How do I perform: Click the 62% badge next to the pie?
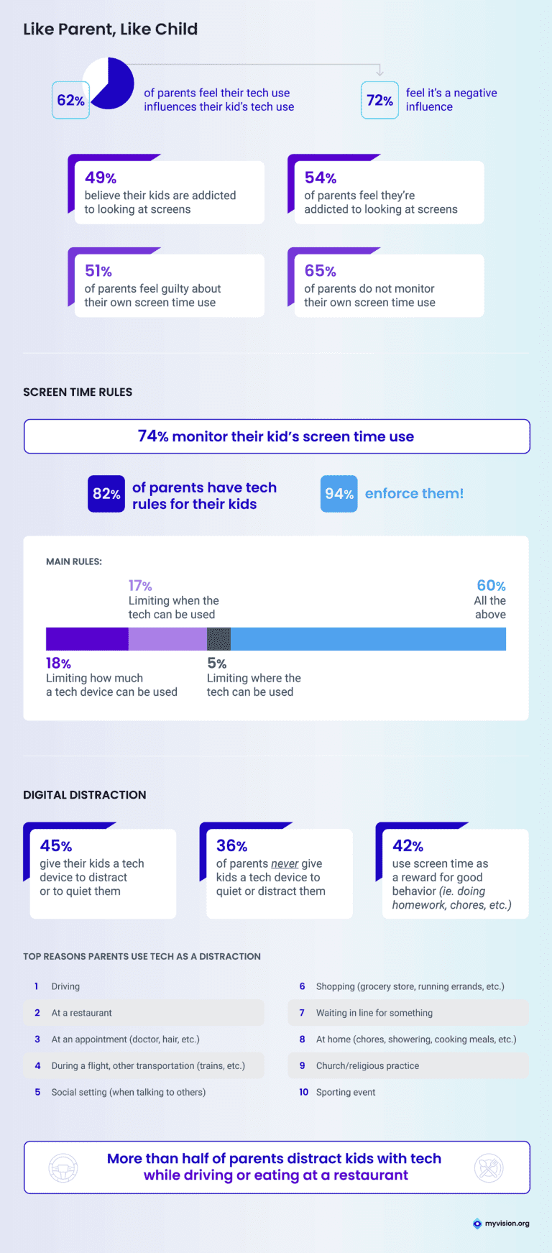click(x=70, y=101)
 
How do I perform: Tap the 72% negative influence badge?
click(x=379, y=101)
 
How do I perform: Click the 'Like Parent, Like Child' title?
click(x=110, y=29)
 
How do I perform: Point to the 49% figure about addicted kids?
click(x=101, y=178)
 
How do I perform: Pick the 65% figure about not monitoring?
click(x=320, y=271)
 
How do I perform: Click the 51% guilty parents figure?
click(x=98, y=271)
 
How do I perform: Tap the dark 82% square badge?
click(x=106, y=494)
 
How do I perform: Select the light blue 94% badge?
click(x=339, y=494)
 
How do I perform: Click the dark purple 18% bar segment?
click(x=87, y=639)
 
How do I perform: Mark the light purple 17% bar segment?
click(x=167, y=639)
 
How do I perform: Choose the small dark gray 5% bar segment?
click(x=218, y=639)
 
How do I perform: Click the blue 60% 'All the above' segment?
click(x=368, y=639)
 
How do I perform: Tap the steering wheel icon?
click(x=63, y=1168)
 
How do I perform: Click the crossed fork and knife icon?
click(x=489, y=1168)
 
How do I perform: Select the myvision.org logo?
click(x=501, y=1224)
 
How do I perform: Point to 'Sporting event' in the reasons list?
click(x=346, y=1092)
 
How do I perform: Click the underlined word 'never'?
click(x=285, y=863)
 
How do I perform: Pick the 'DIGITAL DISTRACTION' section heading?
click(x=85, y=795)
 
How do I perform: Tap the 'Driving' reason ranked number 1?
click(x=65, y=986)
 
